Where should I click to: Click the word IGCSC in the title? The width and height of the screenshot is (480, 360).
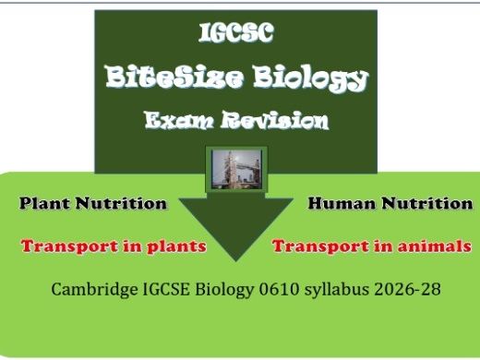click(235, 34)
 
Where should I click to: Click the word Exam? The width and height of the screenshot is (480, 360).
click(177, 120)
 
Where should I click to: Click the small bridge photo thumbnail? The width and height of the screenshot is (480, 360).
click(234, 170)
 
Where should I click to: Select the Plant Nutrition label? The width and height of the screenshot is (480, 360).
click(93, 203)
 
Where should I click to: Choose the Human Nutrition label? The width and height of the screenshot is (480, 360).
click(390, 203)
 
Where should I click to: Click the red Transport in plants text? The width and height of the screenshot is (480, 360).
click(113, 246)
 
